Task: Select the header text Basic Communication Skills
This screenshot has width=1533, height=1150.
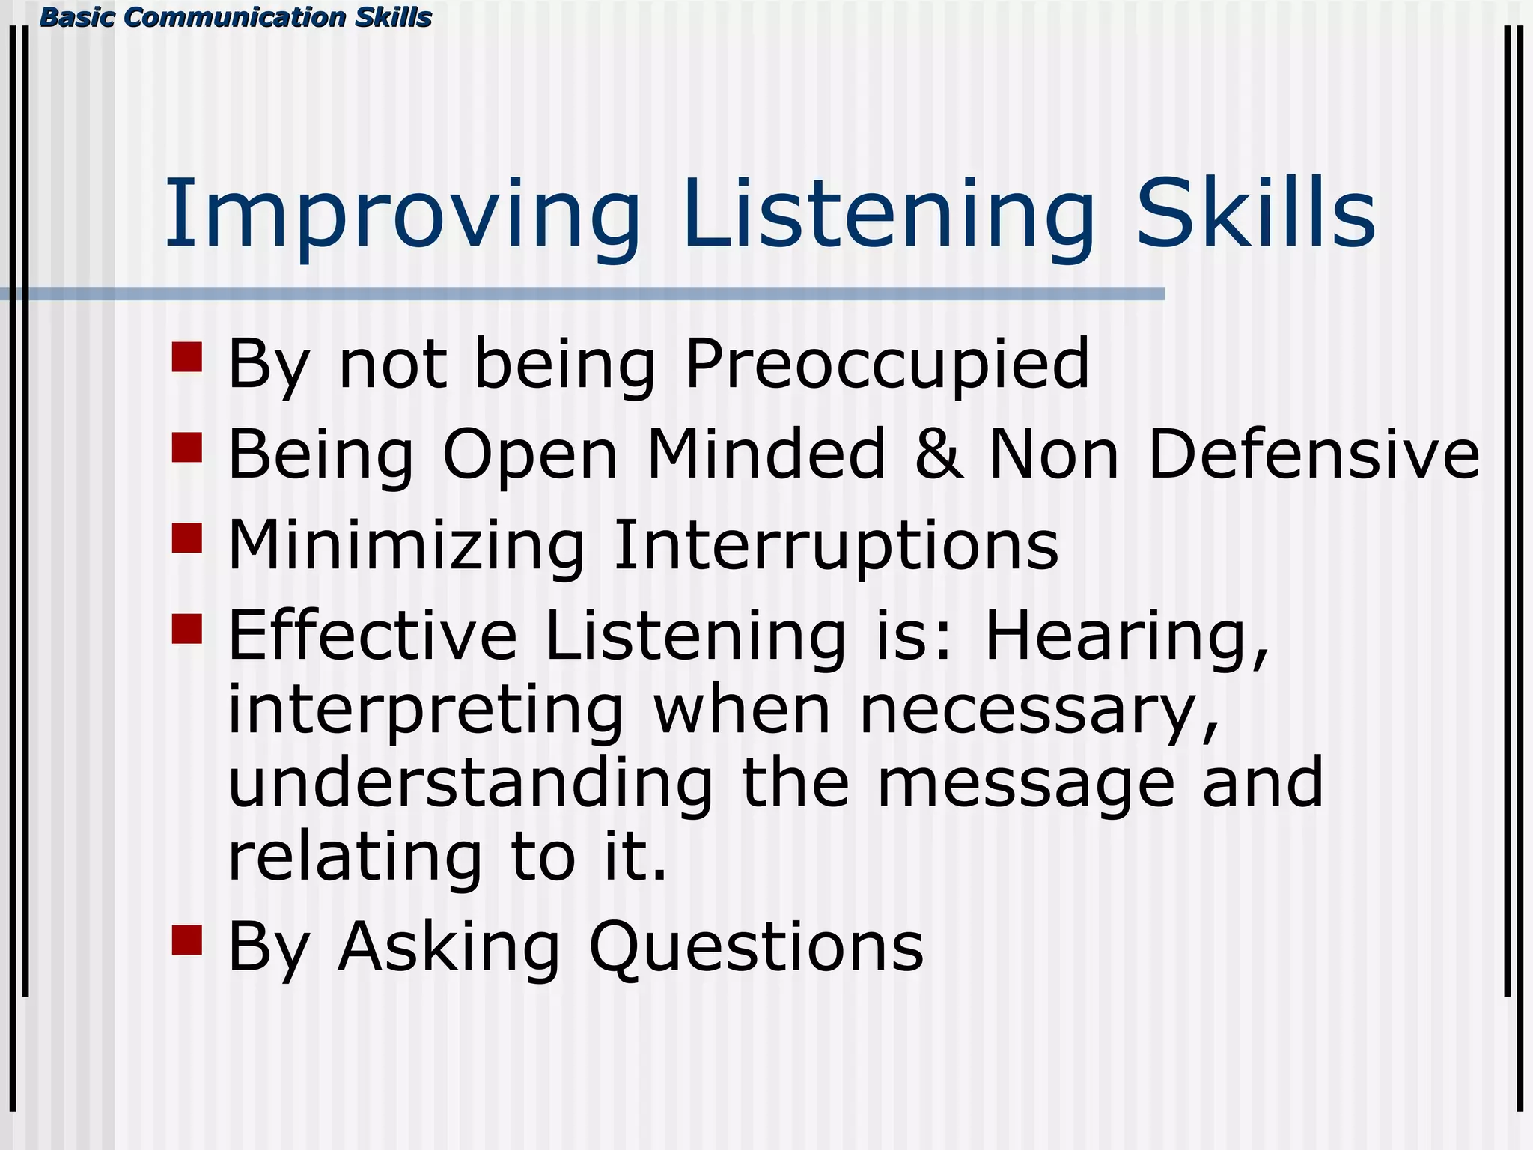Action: tap(235, 17)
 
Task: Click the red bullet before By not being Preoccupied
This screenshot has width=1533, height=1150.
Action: tap(187, 357)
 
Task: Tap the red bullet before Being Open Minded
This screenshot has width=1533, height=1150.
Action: tap(187, 448)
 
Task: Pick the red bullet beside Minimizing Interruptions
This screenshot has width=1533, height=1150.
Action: tap(187, 538)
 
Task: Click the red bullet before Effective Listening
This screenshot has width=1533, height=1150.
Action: tap(187, 629)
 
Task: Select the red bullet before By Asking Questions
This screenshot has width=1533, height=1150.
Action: tap(187, 940)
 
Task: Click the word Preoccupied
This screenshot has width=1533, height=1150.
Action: tap(886, 365)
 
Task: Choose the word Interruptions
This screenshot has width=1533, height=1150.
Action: tap(835, 545)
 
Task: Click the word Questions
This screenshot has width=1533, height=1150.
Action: tap(756, 948)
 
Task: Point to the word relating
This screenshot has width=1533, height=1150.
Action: tap(355, 857)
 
